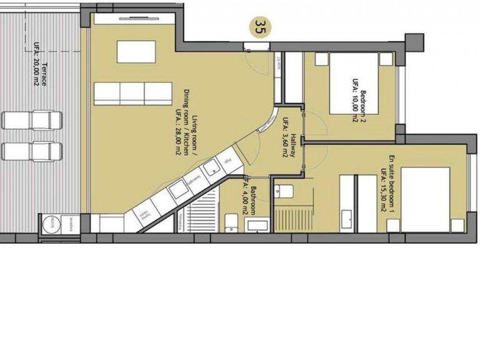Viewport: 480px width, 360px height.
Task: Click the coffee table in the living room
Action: [x=136, y=51]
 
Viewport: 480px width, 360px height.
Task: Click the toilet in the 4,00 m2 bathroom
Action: [x=231, y=221]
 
